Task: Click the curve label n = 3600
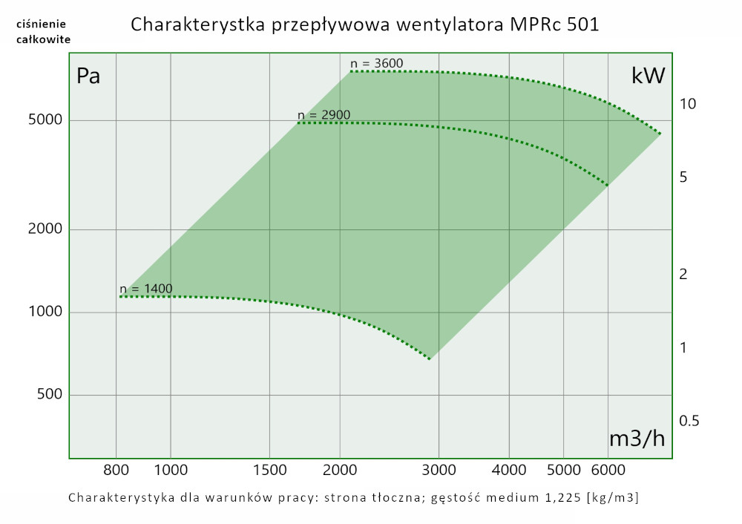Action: [x=376, y=63]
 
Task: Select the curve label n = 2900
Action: [x=324, y=115]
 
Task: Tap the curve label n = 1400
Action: [x=146, y=289]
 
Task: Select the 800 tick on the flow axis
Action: [x=116, y=470]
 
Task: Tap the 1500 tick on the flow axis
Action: [x=269, y=470]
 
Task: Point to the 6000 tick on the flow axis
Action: [x=608, y=470]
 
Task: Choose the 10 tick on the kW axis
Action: [x=688, y=104]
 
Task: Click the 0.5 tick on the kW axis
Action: [x=690, y=421]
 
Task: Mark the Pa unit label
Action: [x=88, y=76]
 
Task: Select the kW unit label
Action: [x=648, y=75]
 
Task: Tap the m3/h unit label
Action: [x=637, y=439]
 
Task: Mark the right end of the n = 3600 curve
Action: [x=660, y=134]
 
